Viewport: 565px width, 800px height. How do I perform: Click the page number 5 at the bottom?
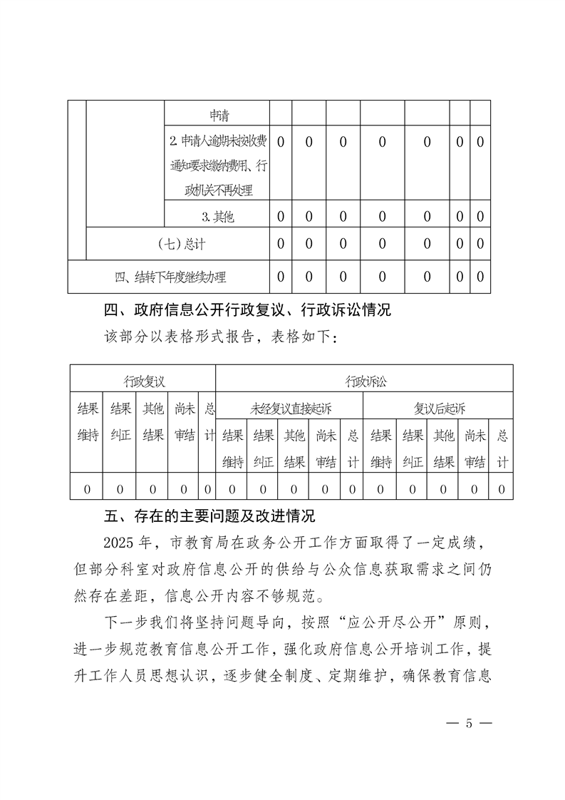tap(469, 723)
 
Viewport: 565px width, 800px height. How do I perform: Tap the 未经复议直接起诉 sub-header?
tap(289, 409)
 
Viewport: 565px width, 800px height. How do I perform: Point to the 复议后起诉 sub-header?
tap(439, 409)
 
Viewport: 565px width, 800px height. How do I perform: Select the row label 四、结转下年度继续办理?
tap(170, 277)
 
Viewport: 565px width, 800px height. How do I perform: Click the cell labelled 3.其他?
tap(217, 216)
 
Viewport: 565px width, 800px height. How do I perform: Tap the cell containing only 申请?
tap(217, 115)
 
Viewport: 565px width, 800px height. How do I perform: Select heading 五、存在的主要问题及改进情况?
tap(209, 516)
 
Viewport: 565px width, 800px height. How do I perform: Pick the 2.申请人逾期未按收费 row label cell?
tap(217, 165)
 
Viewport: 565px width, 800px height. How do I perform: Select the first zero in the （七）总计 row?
tap(280, 244)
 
